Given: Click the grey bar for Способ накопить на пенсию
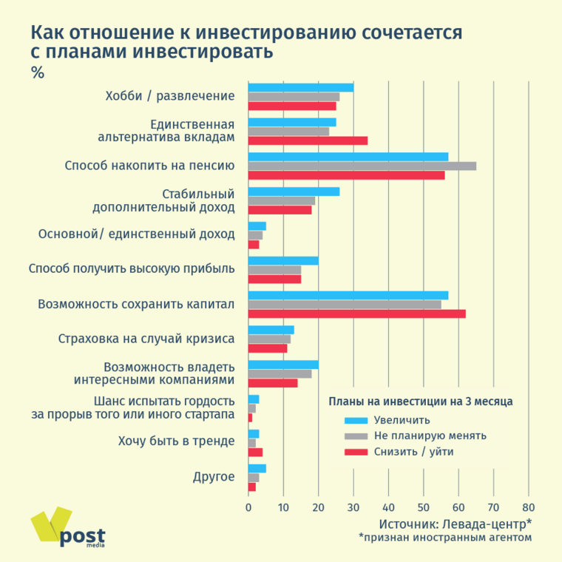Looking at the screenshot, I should pos(362,166).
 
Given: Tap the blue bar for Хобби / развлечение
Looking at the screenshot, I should pos(300,87).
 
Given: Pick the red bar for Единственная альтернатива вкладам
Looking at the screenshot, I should pos(308,140).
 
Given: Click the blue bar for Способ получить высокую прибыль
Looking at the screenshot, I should pos(283,260).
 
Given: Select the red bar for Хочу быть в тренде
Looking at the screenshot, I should pos(255,452).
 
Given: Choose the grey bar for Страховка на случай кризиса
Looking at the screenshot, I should pos(269,339).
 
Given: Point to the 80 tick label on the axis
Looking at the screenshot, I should pos(528,508).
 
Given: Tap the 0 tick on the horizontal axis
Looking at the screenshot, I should pos(248,508).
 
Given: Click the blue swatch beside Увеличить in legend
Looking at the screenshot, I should pos(356,420).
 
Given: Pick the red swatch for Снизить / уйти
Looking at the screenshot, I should pos(356,451).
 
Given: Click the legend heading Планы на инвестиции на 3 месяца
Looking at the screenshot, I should pos(420,402).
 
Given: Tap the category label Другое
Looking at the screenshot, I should pos(214,476).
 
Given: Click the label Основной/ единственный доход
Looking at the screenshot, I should pos(136,234).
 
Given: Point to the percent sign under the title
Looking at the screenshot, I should pos(38,72).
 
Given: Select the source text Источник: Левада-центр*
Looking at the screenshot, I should pos(455,524).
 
